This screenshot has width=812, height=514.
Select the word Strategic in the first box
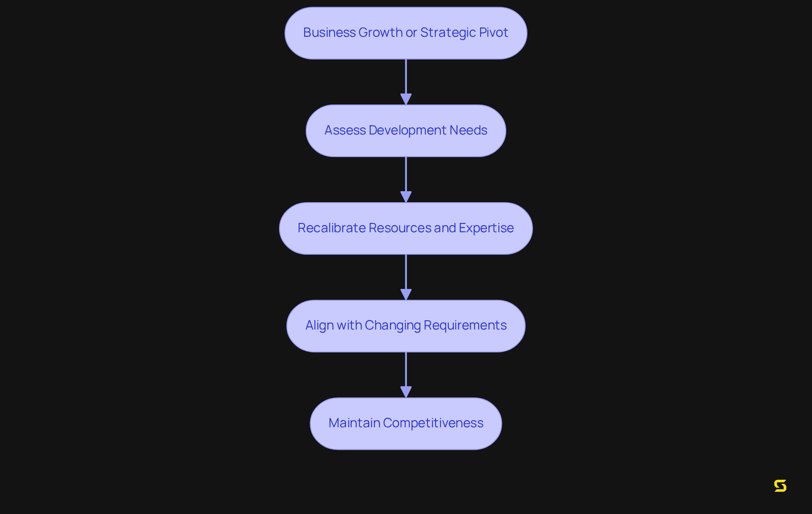448,33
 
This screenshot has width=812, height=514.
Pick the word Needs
468,130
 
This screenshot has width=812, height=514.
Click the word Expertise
486,228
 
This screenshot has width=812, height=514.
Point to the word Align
319,326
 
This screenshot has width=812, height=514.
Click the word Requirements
465,325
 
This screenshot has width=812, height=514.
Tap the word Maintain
354,423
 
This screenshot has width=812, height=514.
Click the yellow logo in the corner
780,486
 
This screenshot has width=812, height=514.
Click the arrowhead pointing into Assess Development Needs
406,99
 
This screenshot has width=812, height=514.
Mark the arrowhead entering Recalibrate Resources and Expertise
406,197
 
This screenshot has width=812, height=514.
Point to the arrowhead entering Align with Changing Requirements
406,295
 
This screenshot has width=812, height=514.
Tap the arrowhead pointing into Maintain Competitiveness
406,392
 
